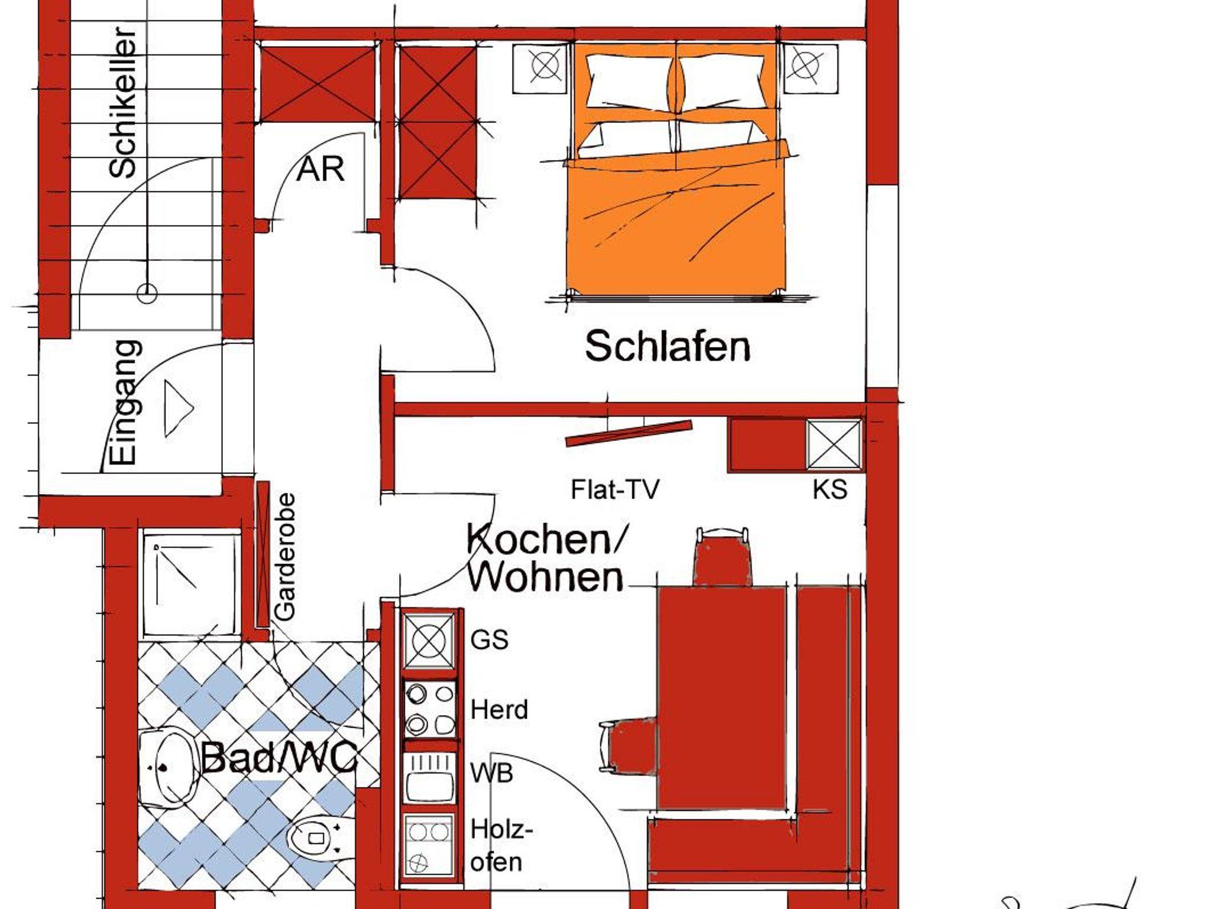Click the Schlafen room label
click(x=668, y=346)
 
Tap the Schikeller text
click(x=123, y=102)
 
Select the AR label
click(x=320, y=170)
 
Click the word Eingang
click(x=125, y=402)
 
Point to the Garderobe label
click(x=286, y=557)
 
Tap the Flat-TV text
click(x=614, y=489)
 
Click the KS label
click(x=830, y=489)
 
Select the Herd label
click(x=499, y=709)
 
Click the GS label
click(x=489, y=639)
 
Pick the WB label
click(x=491, y=773)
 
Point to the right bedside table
click(x=811, y=69)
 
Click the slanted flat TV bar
click(x=629, y=433)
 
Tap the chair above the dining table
click(x=723, y=556)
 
